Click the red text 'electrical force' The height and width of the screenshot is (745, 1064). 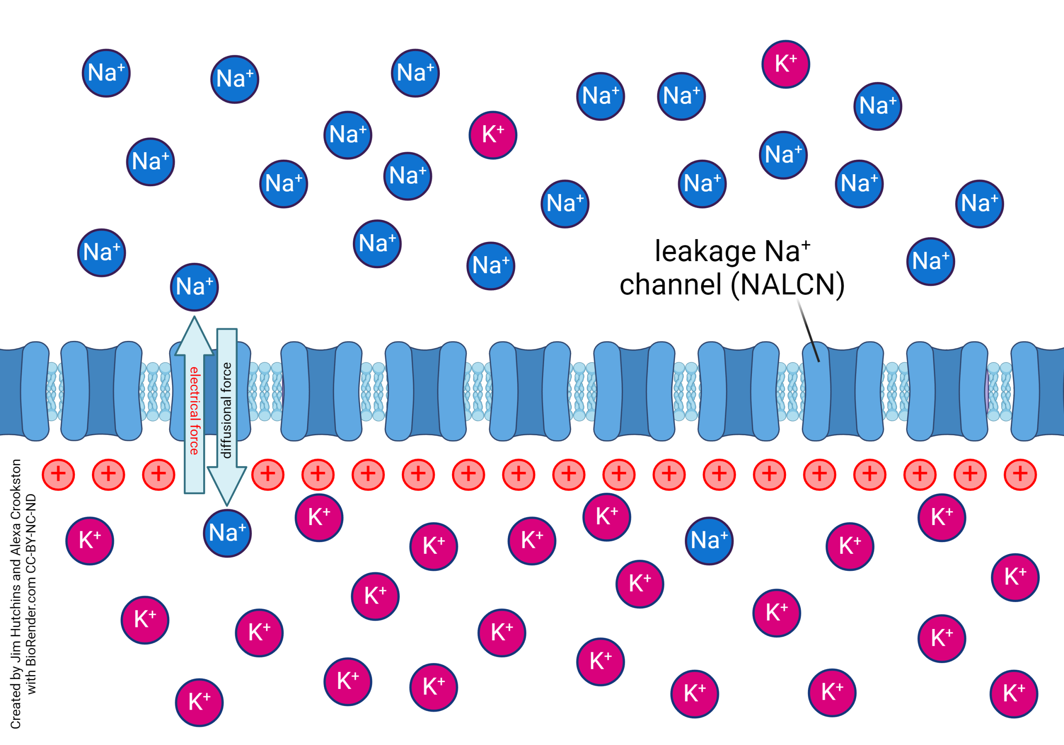coord(194,411)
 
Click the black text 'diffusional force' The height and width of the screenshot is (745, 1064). coord(227,411)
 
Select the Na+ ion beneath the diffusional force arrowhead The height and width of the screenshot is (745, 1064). coord(227,533)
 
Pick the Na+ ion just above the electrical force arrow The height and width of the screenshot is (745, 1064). coord(194,287)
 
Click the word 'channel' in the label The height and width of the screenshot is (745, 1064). coord(670,285)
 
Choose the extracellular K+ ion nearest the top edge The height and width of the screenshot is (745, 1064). coord(786,64)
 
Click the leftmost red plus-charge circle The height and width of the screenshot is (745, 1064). coord(58,474)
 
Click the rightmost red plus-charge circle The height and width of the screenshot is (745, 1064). coord(1020,474)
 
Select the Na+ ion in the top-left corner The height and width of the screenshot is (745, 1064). coord(106,73)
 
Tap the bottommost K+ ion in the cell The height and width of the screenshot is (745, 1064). coord(199,702)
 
